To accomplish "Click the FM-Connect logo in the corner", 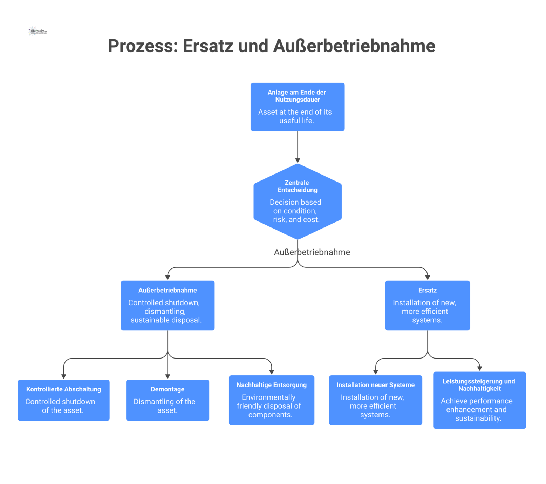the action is pyautogui.click(x=37, y=31).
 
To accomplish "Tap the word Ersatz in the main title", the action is pyautogui.click(x=208, y=46).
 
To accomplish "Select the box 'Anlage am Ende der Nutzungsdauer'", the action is pyautogui.click(x=297, y=107).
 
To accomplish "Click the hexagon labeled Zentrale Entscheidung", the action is pyautogui.click(x=297, y=202).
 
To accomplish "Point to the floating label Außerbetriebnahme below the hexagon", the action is pyautogui.click(x=312, y=252).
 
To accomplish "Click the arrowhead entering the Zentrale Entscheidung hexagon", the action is pyautogui.click(x=298, y=161).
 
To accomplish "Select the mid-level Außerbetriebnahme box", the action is pyautogui.click(x=168, y=305).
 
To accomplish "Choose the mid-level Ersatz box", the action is pyautogui.click(x=427, y=305).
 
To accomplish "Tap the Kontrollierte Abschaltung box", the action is pyautogui.click(x=63, y=400).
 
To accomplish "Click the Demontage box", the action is pyautogui.click(x=168, y=400).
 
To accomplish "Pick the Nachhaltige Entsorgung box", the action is pyautogui.click(x=271, y=400).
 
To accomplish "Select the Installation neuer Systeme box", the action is pyautogui.click(x=375, y=400).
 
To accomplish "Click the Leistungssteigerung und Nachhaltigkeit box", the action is pyautogui.click(x=479, y=400).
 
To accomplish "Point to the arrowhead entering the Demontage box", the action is pyautogui.click(x=168, y=376).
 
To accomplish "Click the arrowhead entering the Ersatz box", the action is pyautogui.click(x=427, y=277).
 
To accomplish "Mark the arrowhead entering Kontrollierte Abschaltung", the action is pyautogui.click(x=63, y=376).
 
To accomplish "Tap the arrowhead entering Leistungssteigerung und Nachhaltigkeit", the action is pyautogui.click(x=479, y=369).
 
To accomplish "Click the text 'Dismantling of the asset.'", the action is pyautogui.click(x=165, y=406).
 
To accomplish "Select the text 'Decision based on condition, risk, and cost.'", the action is pyautogui.click(x=296, y=211).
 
